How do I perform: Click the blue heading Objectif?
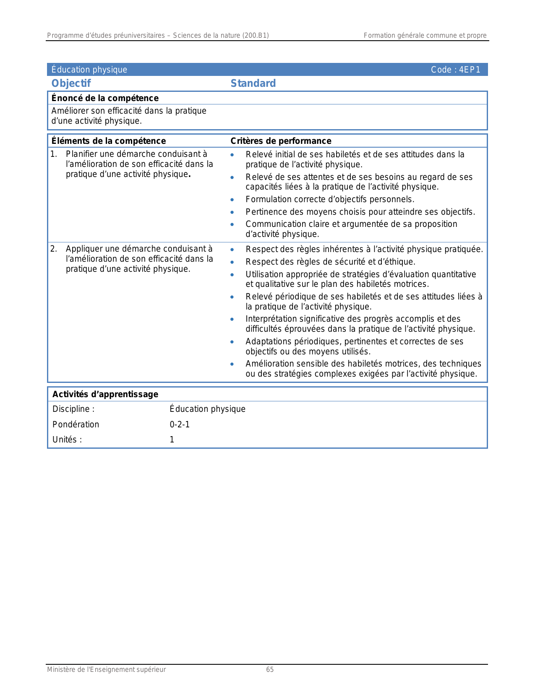point(71,83)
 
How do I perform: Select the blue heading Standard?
point(253,83)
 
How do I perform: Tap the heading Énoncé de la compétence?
point(105,98)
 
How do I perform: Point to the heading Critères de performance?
point(281,141)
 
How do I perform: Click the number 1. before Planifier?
point(54,154)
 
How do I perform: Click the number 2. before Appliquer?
point(54,249)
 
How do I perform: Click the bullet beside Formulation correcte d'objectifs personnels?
point(232,200)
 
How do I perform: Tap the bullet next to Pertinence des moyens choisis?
point(232,213)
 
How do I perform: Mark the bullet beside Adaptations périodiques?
point(232,342)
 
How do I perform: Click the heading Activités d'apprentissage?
point(105,394)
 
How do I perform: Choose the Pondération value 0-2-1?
point(180,424)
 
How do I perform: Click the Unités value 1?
point(172,440)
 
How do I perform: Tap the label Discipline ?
point(73,409)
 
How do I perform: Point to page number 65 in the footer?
point(270,669)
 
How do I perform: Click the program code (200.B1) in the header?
point(255,36)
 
